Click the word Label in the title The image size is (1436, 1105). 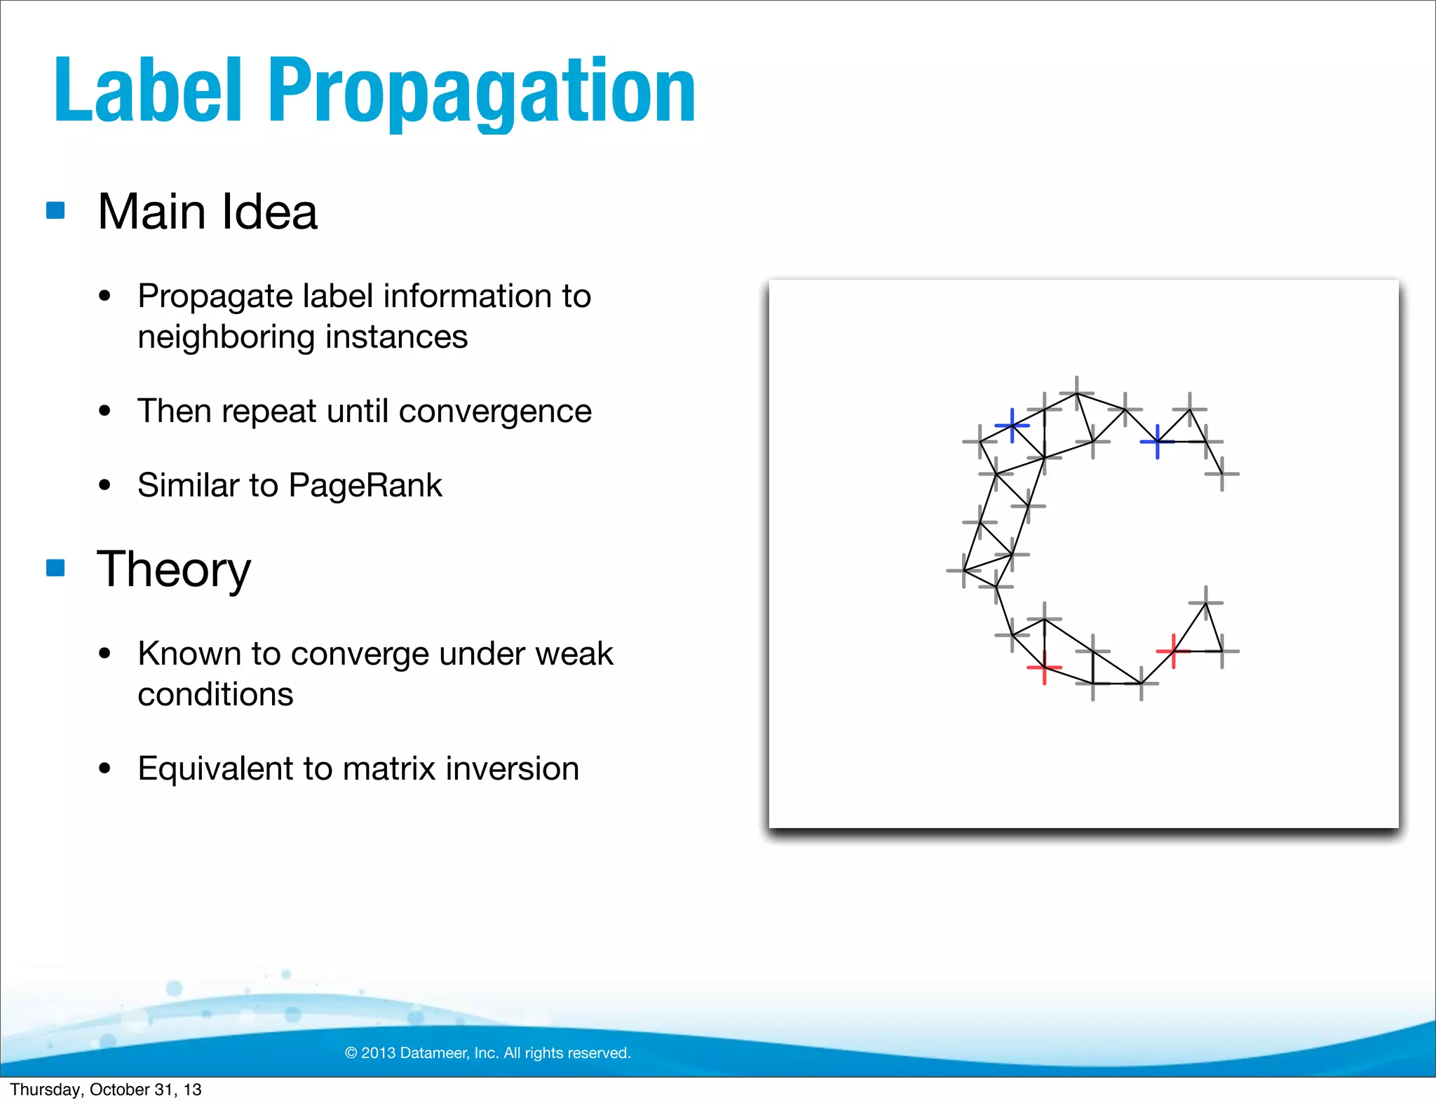pos(148,91)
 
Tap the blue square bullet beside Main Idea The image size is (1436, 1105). pos(55,210)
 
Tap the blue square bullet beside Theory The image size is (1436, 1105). pos(55,567)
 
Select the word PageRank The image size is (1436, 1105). pos(365,485)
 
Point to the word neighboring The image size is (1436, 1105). pos(226,337)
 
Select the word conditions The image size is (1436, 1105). pos(215,694)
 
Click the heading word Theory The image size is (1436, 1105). pos(173,569)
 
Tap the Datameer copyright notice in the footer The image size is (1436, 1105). pos(488,1052)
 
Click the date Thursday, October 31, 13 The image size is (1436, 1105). pos(105,1090)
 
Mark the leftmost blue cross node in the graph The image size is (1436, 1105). pos(1012,425)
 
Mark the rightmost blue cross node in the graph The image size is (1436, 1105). pos(1157,441)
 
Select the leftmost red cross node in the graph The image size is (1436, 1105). pos(1044,667)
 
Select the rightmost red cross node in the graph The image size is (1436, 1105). pos(1173,651)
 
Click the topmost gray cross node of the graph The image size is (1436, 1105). pos(1077,393)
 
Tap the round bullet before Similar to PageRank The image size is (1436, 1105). pos(105,485)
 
